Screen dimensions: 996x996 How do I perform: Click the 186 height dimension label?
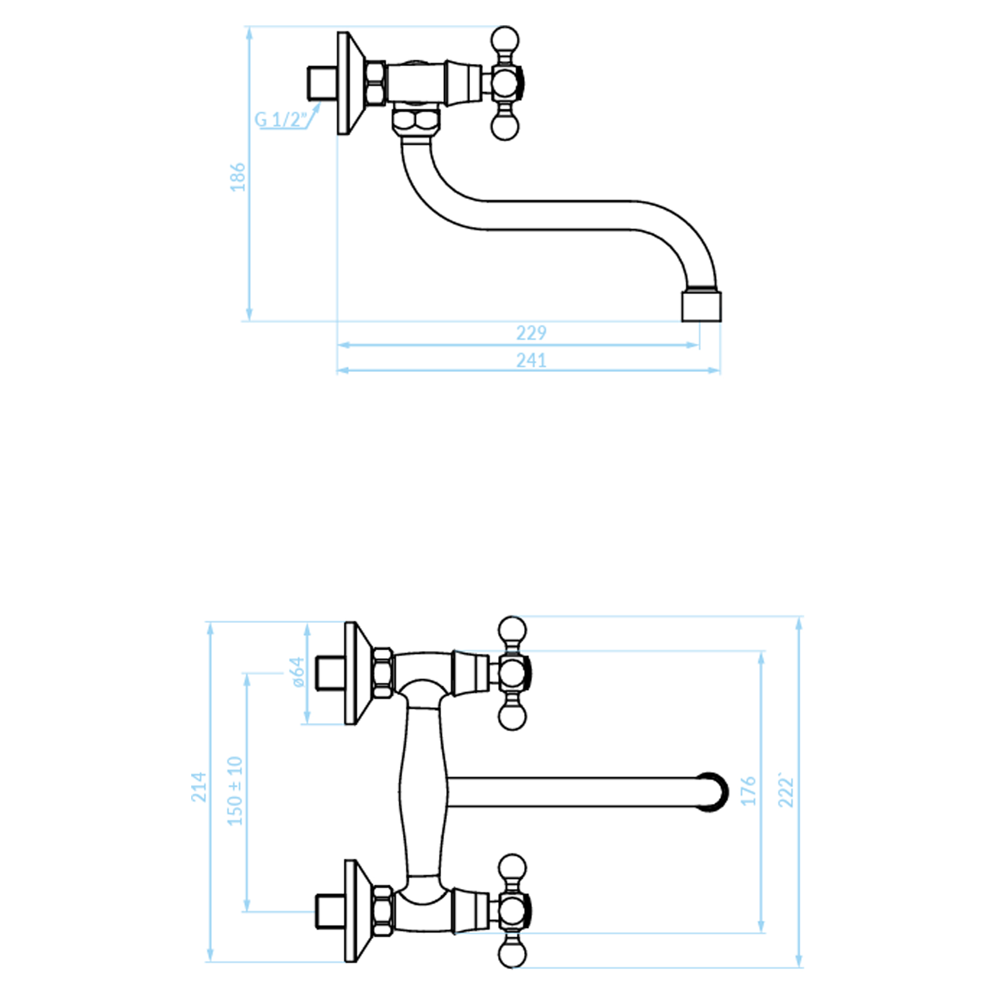click(238, 177)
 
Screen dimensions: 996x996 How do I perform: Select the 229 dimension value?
click(531, 333)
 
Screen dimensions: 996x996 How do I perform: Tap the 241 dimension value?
click(531, 360)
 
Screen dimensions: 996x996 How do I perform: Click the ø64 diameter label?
click(298, 672)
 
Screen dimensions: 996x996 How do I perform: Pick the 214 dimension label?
click(199, 787)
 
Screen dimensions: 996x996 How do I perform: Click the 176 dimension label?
click(748, 790)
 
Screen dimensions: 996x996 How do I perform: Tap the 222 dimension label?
click(786, 790)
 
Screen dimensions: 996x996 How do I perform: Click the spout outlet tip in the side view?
click(701, 307)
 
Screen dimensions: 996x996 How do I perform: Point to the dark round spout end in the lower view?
click(714, 792)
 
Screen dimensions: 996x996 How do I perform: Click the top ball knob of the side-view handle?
click(504, 39)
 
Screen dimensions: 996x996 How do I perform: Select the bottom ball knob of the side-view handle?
click(504, 126)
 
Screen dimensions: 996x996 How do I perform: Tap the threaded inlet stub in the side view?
click(322, 83)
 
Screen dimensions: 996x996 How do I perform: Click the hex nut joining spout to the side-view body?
click(415, 121)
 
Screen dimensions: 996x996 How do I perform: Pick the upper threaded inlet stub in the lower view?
click(330, 673)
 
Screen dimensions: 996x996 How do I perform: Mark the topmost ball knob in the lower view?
click(512, 630)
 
